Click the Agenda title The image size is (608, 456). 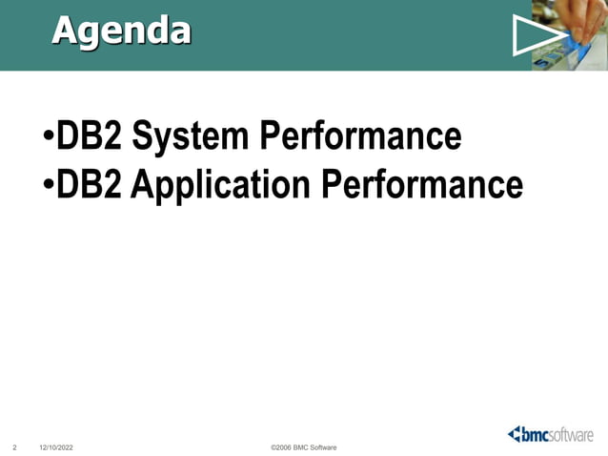pos(121,31)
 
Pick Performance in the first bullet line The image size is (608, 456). pos(356,137)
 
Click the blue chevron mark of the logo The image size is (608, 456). pos(515,434)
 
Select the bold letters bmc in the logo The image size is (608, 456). pos(536,435)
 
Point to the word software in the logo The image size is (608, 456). pos(573,435)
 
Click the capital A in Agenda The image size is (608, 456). pos(66,31)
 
